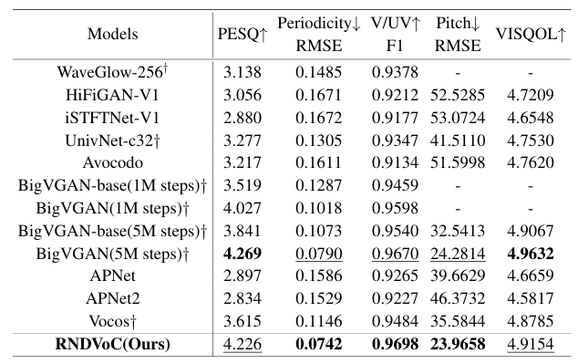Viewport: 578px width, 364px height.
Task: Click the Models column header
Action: point(112,34)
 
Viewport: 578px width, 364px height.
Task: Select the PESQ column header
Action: point(243,34)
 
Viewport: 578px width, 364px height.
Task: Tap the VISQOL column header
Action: point(531,34)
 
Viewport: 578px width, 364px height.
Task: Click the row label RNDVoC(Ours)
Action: point(112,344)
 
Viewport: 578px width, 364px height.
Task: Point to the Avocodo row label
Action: point(112,162)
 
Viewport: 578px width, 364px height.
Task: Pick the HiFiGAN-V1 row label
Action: point(112,95)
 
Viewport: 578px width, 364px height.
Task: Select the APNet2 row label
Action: point(113,298)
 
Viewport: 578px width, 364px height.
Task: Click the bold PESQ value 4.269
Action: point(243,254)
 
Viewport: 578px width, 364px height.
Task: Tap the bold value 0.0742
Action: point(318,344)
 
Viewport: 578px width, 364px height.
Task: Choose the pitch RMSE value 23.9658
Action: point(458,344)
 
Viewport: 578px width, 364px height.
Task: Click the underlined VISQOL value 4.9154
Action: point(531,344)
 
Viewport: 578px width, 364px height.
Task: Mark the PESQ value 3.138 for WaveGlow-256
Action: point(243,72)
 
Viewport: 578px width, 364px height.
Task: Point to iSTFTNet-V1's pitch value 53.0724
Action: point(458,118)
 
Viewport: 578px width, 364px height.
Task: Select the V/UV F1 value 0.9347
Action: point(395,140)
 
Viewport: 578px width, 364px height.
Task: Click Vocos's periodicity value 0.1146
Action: point(318,321)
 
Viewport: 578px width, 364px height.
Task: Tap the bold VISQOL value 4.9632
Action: point(531,254)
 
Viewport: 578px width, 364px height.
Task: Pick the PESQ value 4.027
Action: point(243,208)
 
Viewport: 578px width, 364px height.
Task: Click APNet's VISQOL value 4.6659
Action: point(531,276)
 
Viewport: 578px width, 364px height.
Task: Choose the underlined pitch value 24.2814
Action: point(458,254)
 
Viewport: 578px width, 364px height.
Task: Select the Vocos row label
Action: point(112,321)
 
